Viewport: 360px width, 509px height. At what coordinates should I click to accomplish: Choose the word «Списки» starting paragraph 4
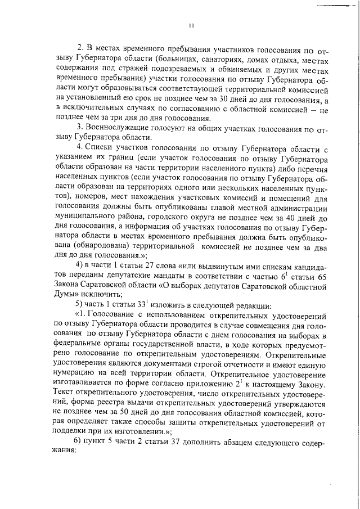point(100,148)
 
